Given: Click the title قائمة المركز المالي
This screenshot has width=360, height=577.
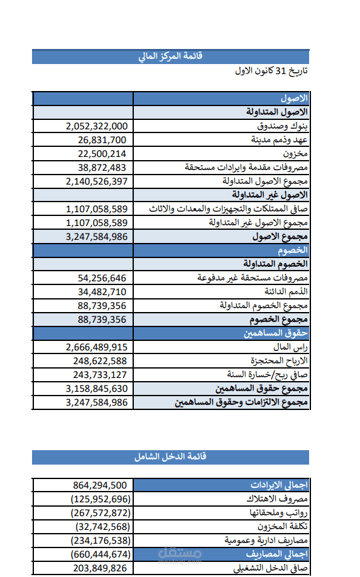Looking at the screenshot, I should pos(170,57).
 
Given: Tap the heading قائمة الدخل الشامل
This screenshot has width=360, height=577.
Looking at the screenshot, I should pos(170,456).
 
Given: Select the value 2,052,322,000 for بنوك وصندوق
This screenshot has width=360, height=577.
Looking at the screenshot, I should pos(96,126).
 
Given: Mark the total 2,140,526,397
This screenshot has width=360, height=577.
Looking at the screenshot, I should pos(96,181).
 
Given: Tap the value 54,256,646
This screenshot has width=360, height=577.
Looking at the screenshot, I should pos(102,278).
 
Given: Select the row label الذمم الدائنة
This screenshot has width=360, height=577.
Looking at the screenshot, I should pos(285,291).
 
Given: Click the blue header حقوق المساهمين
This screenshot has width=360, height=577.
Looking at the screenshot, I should pos(276,333).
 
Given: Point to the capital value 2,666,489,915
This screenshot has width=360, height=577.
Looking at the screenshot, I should pos(96,347).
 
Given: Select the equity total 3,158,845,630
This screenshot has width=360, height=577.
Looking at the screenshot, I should pos(96,389).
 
